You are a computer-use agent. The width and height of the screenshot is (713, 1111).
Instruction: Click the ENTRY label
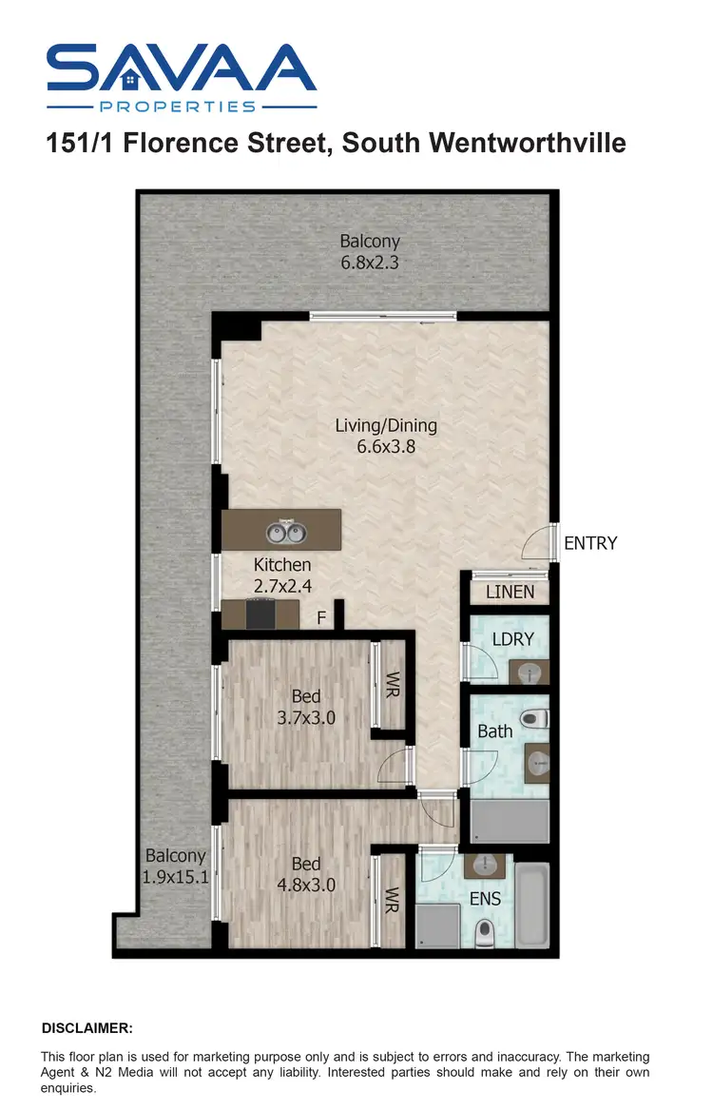coord(590,543)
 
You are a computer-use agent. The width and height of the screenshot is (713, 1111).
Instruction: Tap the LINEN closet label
coord(510,593)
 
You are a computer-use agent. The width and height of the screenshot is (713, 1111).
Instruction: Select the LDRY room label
coord(513,639)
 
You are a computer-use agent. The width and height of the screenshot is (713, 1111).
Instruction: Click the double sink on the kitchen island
coord(282,530)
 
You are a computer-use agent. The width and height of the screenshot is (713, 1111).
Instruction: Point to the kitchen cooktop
coord(261,614)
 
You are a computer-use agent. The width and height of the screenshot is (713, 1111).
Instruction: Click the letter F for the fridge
coord(321,618)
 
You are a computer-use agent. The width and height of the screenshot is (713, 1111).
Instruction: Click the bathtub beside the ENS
coord(532,905)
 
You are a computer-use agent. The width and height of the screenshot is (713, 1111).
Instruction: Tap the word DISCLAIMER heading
coord(87,1028)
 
